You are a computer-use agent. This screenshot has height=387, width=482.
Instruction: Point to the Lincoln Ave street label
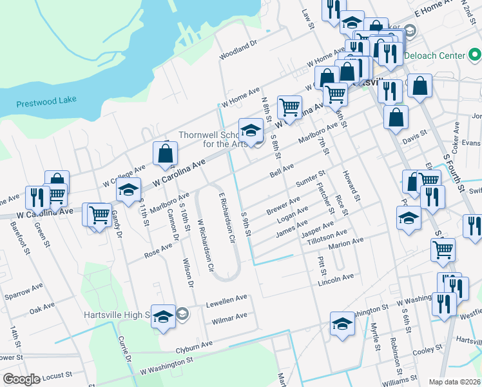[336, 279]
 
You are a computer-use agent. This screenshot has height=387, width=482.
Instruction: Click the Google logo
[21, 379]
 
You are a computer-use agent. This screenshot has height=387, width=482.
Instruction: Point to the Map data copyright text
[454, 382]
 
